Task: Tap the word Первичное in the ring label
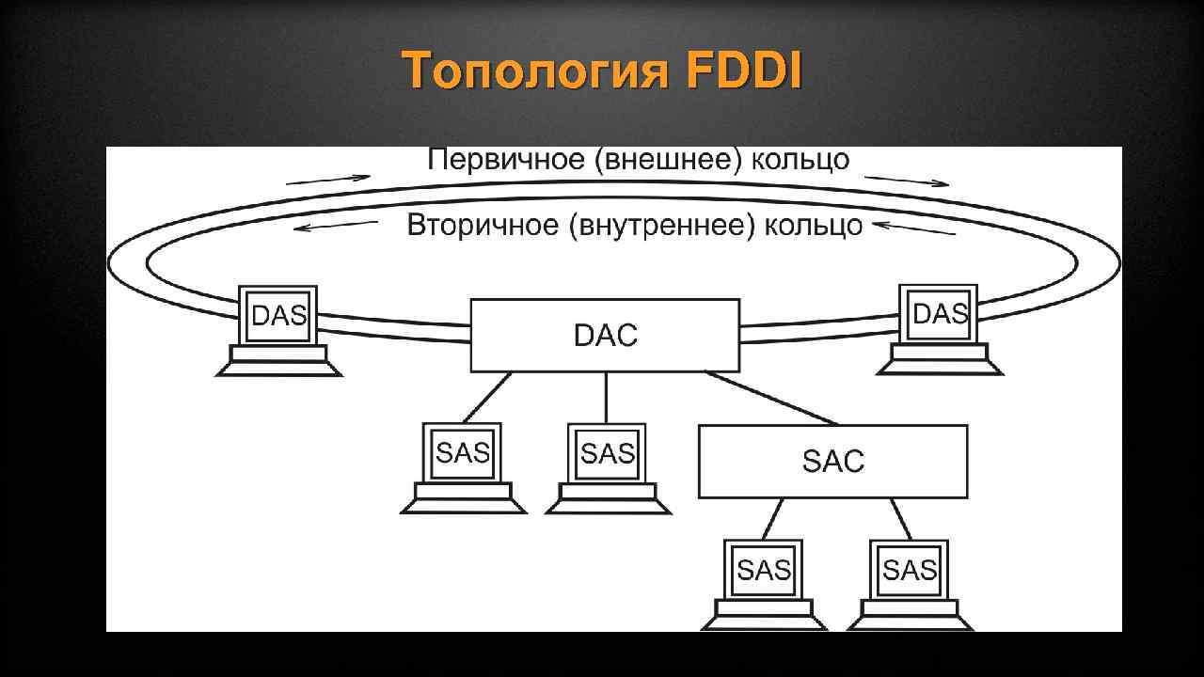pyautogui.click(x=505, y=160)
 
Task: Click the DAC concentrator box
pyautogui.click(x=605, y=335)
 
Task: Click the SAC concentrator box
pyautogui.click(x=832, y=461)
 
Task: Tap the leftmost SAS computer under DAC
pyautogui.click(x=463, y=466)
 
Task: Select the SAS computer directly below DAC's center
pyautogui.click(x=608, y=466)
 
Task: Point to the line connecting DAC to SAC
pyautogui.click(x=771, y=398)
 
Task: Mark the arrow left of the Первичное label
pyautogui.click(x=328, y=179)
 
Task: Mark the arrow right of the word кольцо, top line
pyautogui.click(x=907, y=181)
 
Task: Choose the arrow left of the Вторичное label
pyautogui.click(x=336, y=227)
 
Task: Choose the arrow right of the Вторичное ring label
pyautogui.click(x=913, y=228)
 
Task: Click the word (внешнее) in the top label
pyautogui.click(x=667, y=160)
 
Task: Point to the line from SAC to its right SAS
pyautogui.click(x=901, y=518)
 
